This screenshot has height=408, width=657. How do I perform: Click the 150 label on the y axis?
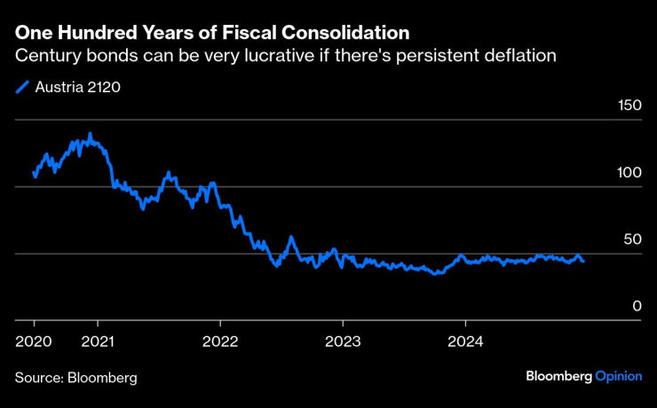coord(629,106)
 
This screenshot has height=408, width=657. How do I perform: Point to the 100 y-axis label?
coord(629,172)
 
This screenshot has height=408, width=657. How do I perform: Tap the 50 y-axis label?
coord(632,239)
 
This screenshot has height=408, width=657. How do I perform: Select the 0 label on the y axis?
coord(636,305)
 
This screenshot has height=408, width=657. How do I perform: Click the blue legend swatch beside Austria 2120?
coord(23,87)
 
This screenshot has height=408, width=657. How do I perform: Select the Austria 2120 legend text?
coord(77,87)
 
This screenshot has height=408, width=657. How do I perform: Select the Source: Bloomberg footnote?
coord(75,377)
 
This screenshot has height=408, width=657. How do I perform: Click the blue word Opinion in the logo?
coord(618,376)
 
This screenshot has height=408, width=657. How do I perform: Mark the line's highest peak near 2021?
coord(89,135)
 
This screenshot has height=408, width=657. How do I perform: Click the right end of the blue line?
coord(583,261)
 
